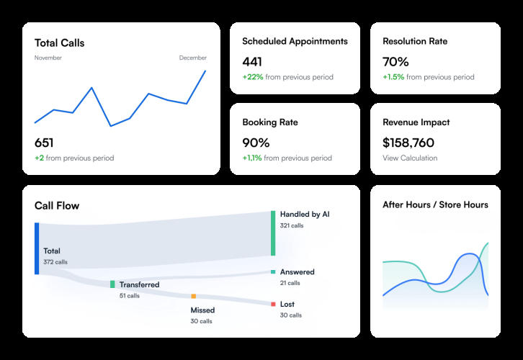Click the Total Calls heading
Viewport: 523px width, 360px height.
click(x=59, y=43)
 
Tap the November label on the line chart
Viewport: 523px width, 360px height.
click(x=48, y=58)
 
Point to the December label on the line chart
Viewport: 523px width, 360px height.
click(x=193, y=58)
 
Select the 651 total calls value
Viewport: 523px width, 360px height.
click(x=44, y=143)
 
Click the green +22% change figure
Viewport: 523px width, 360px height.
click(x=253, y=77)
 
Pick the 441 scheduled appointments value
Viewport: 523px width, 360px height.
click(x=252, y=62)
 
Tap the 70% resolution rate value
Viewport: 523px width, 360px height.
click(x=395, y=62)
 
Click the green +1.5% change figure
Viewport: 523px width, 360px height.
click(x=393, y=77)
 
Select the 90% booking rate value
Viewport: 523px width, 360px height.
click(x=256, y=143)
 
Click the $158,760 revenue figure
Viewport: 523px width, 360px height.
click(x=408, y=143)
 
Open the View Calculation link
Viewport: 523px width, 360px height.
click(x=410, y=158)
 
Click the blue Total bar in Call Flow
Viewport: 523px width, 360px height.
click(x=37, y=248)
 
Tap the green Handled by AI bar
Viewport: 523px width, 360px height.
click(x=273, y=233)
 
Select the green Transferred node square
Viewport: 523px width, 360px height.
click(x=112, y=284)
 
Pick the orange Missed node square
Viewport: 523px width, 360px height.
click(x=194, y=296)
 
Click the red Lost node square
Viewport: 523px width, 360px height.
click(x=273, y=304)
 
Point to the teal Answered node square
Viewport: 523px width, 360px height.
click(x=273, y=271)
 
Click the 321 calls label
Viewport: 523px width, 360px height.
click(x=292, y=225)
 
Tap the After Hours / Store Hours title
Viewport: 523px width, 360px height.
click(x=435, y=204)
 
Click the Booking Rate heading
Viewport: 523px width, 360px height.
click(x=270, y=122)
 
